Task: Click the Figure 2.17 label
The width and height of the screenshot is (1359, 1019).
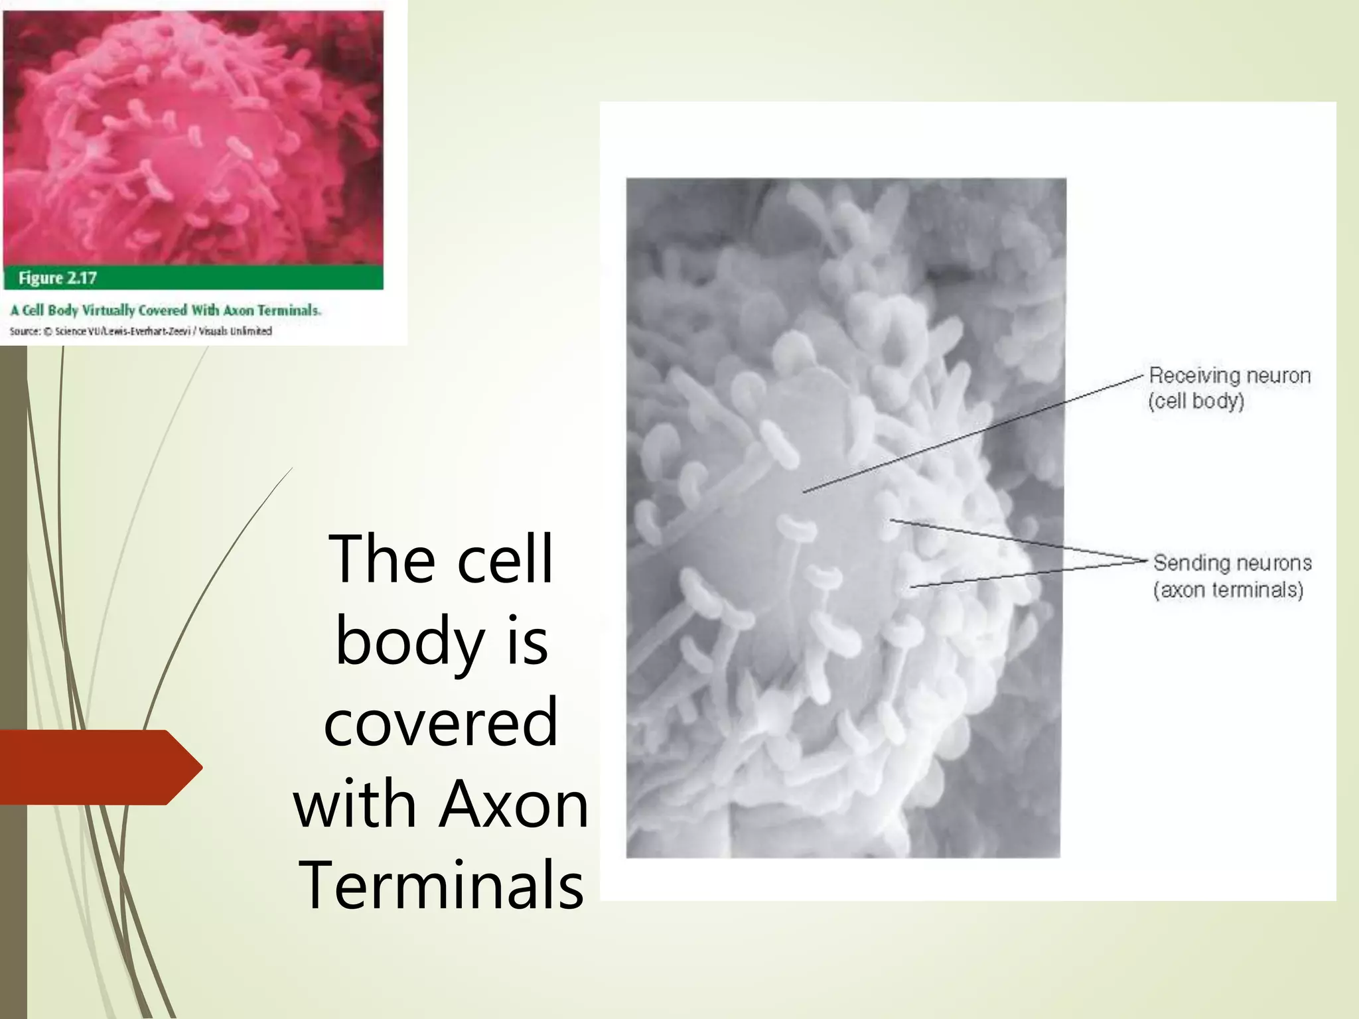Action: [58, 278]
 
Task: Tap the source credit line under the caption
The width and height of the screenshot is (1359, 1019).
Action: [141, 331]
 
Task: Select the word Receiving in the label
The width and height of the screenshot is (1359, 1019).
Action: [1187, 375]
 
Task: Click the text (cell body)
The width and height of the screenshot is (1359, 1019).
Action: [1196, 401]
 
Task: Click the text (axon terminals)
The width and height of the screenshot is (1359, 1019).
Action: [1228, 590]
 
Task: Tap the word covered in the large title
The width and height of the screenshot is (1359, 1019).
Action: [441, 723]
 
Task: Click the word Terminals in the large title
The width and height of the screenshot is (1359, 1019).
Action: [441, 885]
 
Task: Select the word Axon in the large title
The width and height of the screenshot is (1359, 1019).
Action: [514, 804]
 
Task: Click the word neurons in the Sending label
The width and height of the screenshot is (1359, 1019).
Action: [1272, 563]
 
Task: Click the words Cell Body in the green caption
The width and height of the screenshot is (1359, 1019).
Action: [50, 310]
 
